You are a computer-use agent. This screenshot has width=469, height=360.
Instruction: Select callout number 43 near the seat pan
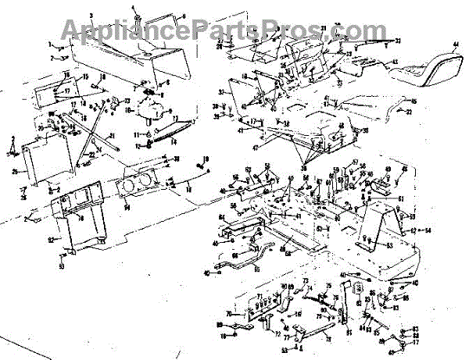(x=394, y=62)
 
